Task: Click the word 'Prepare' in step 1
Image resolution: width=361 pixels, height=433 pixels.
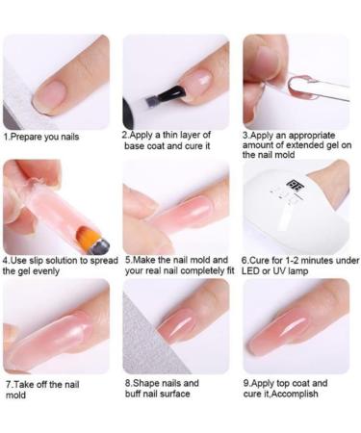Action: tap(26, 137)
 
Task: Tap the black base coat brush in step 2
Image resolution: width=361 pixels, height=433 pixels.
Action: tap(165, 95)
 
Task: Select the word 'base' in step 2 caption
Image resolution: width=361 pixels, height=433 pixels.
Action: tap(135, 146)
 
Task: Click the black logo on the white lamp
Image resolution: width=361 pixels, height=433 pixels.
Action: tap(292, 185)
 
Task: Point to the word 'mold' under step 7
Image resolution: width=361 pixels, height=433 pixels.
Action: tap(15, 395)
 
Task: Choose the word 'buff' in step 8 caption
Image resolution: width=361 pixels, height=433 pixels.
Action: tap(134, 394)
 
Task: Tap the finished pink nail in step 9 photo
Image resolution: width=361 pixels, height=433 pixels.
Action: tap(282, 330)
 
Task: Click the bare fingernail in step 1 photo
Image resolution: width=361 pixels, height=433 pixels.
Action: tap(50, 94)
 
